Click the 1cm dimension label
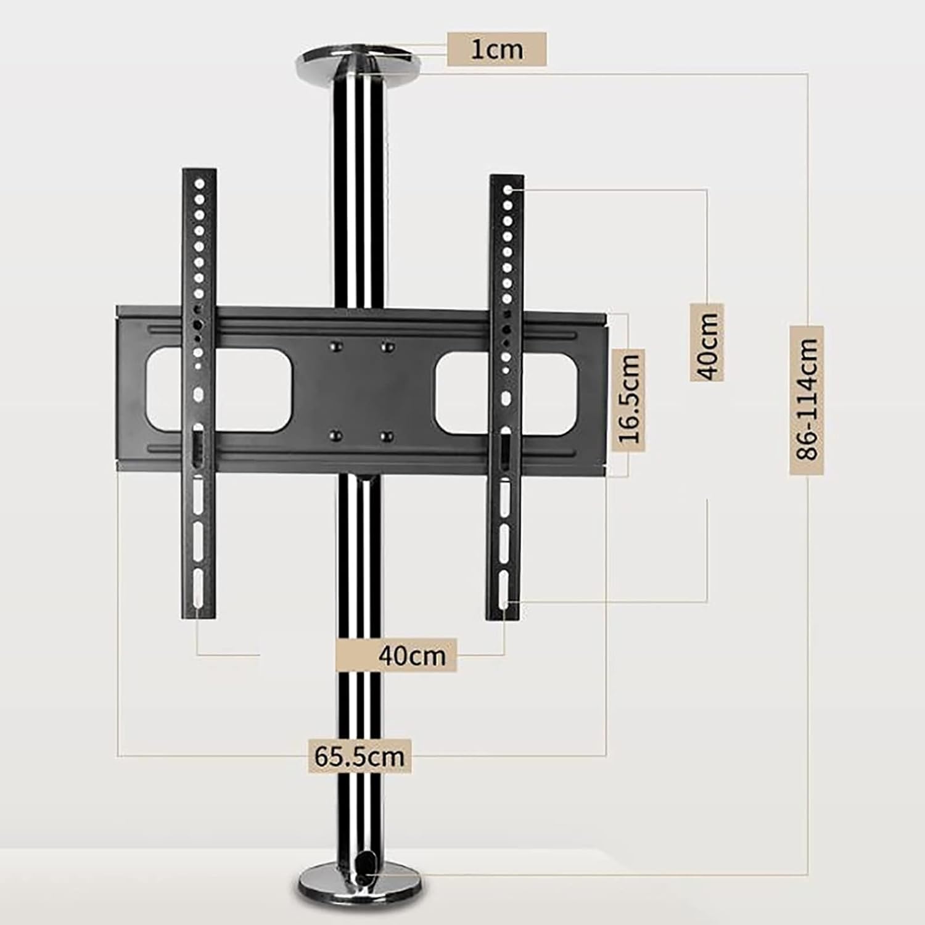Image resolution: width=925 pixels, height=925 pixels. coord(496,49)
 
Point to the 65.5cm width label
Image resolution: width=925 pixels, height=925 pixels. coord(360,755)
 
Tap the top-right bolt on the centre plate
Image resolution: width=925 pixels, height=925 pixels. coord(387,347)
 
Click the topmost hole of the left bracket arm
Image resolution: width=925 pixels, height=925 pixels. coord(199,184)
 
